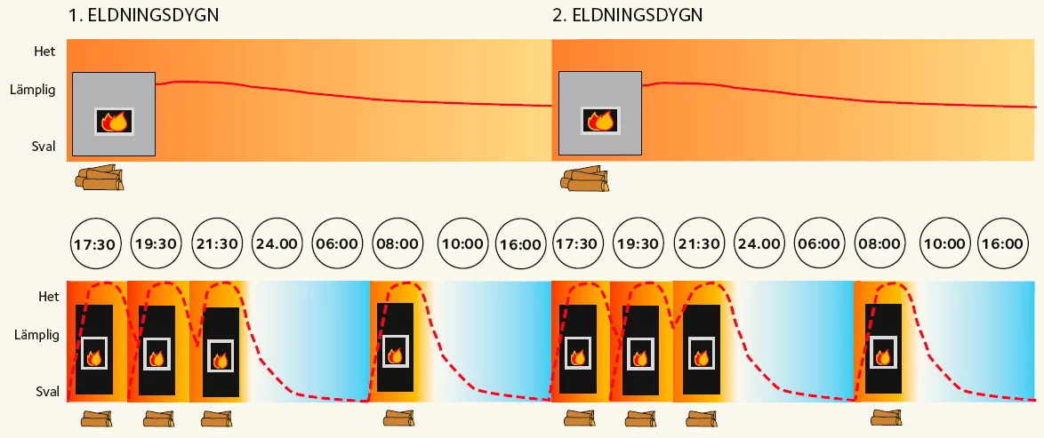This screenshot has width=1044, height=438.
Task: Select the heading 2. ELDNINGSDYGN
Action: point(628,16)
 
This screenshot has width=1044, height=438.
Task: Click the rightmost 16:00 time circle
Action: point(1006,243)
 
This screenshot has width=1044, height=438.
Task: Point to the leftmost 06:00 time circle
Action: point(338,243)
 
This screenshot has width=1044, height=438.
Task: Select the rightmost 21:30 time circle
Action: point(699,243)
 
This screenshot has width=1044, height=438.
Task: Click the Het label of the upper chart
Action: point(44,52)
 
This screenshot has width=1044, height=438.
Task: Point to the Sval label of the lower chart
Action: point(47,391)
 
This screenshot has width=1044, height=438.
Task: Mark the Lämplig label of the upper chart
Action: point(34,90)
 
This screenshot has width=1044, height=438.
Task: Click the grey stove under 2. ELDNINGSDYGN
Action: point(599,114)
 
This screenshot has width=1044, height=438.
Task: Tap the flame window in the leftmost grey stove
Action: point(114,121)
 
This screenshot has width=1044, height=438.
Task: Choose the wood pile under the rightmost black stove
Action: point(886,418)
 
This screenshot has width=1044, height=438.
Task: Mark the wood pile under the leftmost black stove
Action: point(96,418)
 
